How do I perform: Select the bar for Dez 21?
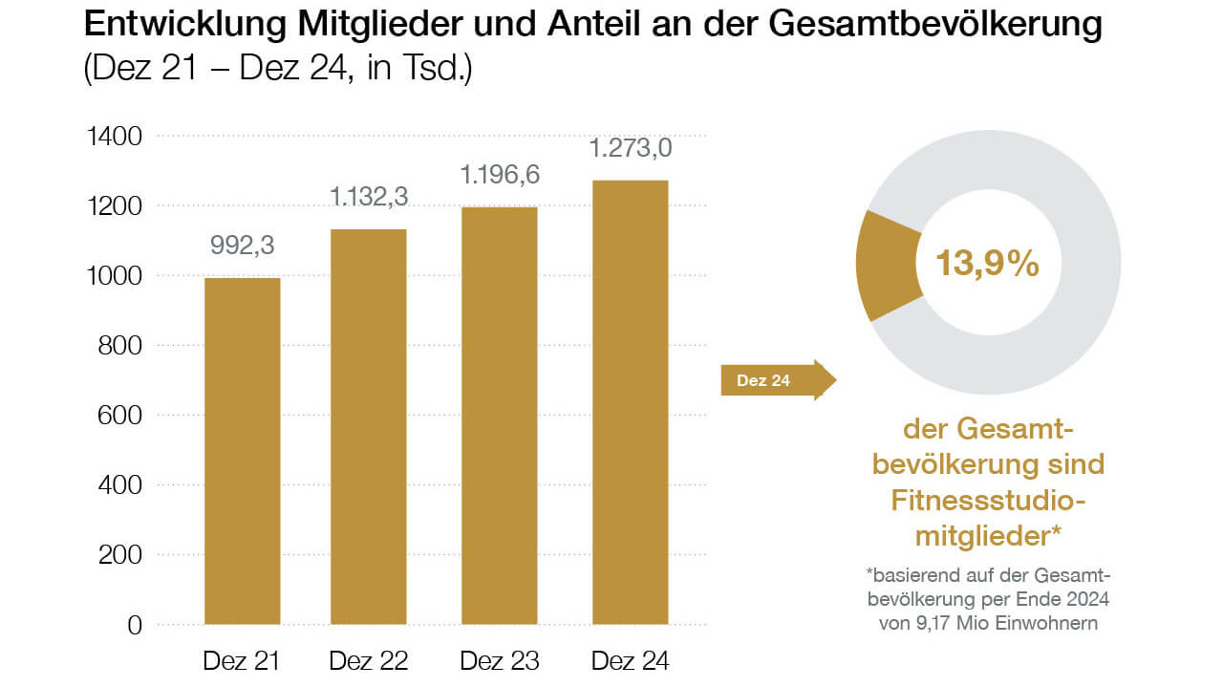click(243, 451)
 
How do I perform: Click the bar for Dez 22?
click(368, 426)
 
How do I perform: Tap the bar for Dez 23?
click(500, 416)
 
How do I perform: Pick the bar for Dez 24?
click(629, 402)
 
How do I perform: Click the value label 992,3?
click(243, 247)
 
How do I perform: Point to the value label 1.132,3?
click(369, 197)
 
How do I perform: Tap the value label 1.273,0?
click(629, 149)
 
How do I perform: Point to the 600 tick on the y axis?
click(121, 416)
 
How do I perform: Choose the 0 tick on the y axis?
click(134, 625)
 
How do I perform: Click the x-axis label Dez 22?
click(368, 660)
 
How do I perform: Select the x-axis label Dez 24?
click(630, 660)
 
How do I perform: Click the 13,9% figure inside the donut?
click(987, 263)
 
